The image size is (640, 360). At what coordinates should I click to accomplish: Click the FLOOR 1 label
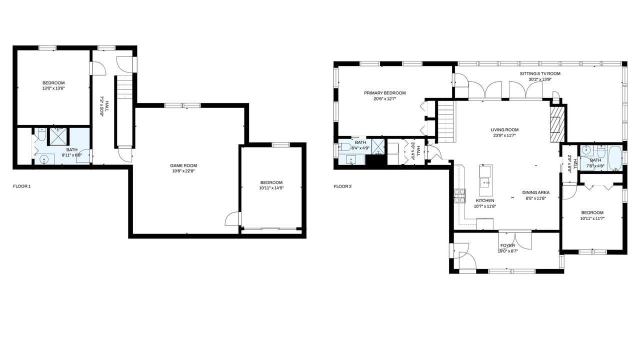[21, 186]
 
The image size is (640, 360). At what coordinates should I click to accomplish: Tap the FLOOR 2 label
[342, 187]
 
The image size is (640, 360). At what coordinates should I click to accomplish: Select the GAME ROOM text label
[183, 165]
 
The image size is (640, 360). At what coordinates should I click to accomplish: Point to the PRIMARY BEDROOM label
[384, 93]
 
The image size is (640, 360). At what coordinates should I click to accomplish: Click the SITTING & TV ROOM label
[540, 73]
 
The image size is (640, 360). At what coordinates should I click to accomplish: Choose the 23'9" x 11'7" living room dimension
[504, 135]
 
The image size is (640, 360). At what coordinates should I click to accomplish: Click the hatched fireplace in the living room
[557, 124]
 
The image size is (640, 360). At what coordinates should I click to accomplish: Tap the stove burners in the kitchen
[459, 196]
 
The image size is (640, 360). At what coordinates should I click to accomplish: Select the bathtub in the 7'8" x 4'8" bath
[615, 158]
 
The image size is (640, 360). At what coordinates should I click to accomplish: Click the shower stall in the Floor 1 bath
[59, 136]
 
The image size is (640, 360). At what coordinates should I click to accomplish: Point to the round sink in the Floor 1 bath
[44, 159]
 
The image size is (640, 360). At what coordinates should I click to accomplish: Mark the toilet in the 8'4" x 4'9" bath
[344, 147]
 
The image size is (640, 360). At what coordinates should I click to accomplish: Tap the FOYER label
[507, 245]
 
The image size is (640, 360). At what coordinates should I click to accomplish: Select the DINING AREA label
[535, 193]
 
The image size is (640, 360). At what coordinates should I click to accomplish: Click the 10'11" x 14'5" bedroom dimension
[271, 188]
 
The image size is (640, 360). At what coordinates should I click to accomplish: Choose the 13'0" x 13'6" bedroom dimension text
[53, 88]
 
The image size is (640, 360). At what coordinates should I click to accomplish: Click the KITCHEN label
[485, 200]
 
